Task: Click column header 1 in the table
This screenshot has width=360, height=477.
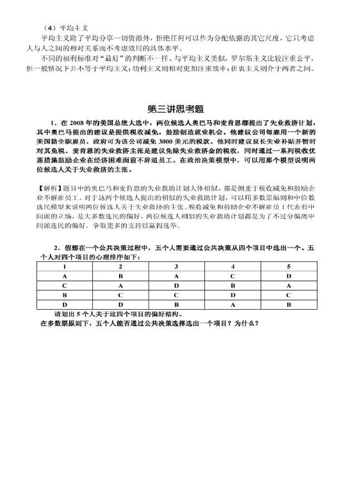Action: pyautogui.click(x=65, y=267)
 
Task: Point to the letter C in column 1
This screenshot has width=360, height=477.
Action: pyautogui.click(x=65, y=286)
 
